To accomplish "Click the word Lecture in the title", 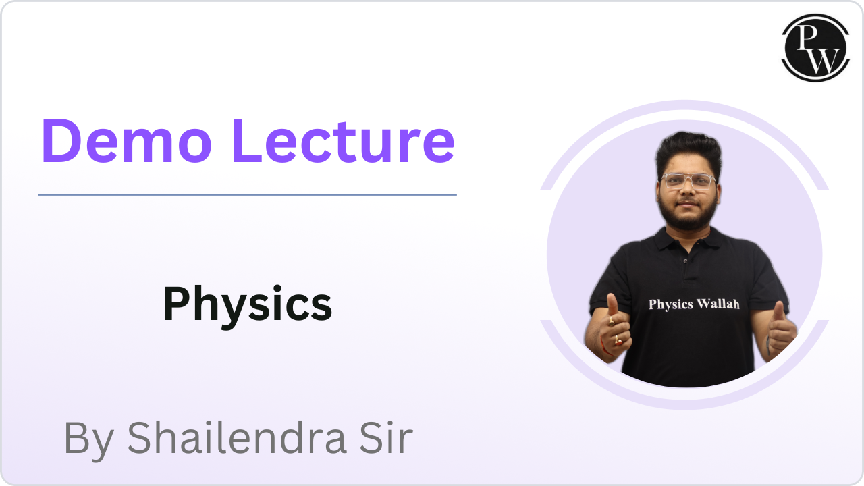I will tap(343, 141).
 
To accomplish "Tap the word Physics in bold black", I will tap(248, 304).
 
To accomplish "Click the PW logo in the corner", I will tap(815, 47).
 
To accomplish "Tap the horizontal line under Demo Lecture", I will tap(247, 194).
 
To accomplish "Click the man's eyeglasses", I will tap(688, 181).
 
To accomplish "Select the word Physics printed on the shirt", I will tap(671, 304).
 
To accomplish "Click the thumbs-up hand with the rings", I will tap(613, 327).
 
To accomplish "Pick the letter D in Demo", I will tap(62, 141).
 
